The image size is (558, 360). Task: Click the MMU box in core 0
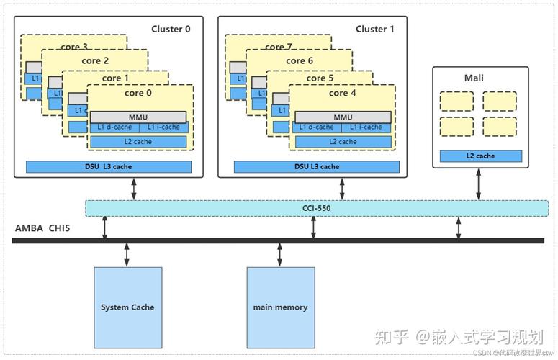point(139,117)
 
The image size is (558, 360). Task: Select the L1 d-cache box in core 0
point(114,127)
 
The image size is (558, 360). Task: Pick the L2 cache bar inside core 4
point(342,141)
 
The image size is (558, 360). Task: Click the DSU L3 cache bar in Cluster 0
point(109,166)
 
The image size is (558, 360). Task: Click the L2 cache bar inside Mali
point(480,156)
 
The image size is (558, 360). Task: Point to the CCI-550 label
point(317,208)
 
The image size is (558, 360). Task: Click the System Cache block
point(127,307)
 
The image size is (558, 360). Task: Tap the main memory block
point(280,307)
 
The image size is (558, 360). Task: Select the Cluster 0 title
point(171,29)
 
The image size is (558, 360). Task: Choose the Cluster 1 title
point(375,29)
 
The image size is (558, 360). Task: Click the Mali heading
point(474,78)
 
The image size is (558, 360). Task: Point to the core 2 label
point(96,61)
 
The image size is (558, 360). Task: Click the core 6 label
point(300,61)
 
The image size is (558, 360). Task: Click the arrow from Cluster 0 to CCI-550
point(134,189)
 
